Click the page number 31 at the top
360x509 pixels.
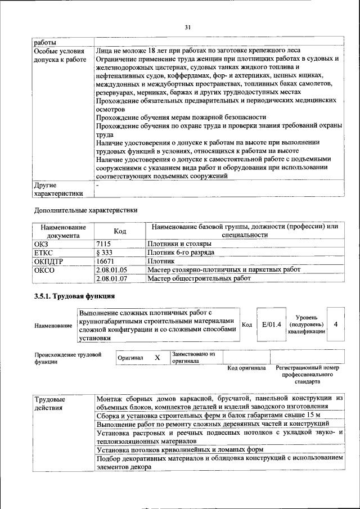188,26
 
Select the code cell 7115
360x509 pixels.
105,244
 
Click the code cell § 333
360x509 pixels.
105,253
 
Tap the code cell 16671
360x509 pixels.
106,261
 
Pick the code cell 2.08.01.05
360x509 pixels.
112,269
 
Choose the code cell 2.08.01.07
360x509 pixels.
112,278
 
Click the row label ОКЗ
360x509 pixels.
42,244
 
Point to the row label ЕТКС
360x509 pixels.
44,253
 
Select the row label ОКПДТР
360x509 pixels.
48,261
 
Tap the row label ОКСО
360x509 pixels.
44,269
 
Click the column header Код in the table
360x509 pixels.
120,231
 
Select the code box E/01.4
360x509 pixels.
271,325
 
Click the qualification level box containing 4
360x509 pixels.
335,325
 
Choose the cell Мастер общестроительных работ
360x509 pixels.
199,278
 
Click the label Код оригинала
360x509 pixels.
246,368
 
